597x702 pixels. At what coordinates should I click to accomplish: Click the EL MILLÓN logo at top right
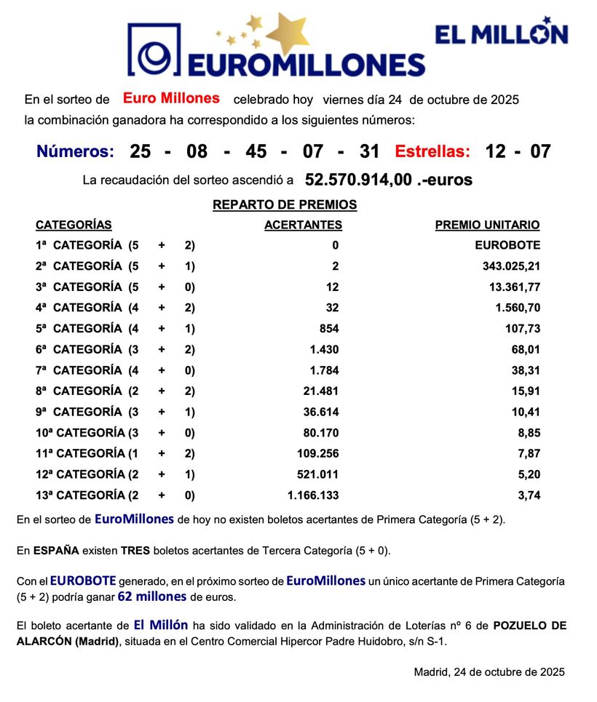pyautogui.click(x=501, y=33)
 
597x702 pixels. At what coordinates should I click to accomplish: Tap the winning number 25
pyautogui.click(x=141, y=152)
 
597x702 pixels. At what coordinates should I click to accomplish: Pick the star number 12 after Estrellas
pyautogui.click(x=496, y=152)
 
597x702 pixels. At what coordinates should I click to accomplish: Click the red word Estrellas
pyautogui.click(x=432, y=152)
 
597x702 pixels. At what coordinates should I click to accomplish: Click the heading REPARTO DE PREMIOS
pyautogui.click(x=285, y=205)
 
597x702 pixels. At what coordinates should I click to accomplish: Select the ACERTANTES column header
pyautogui.click(x=303, y=226)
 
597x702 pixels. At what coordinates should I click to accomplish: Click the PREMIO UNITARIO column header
pyautogui.click(x=487, y=226)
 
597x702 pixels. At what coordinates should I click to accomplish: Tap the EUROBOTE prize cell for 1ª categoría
pyautogui.click(x=507, y=245)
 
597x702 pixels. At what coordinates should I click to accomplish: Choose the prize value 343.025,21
pyautogui.click(x=511, y=266)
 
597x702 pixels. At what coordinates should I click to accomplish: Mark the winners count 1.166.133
pyautogui.click(x=313, y=495)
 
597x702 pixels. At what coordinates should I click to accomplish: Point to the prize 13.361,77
pyautogui.click(x=514, y=287)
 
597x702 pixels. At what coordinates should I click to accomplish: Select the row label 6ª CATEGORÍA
pyautogui.click(x=79, y=349)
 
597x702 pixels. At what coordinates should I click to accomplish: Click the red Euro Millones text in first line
pyautogui.click(x=171, y=98)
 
